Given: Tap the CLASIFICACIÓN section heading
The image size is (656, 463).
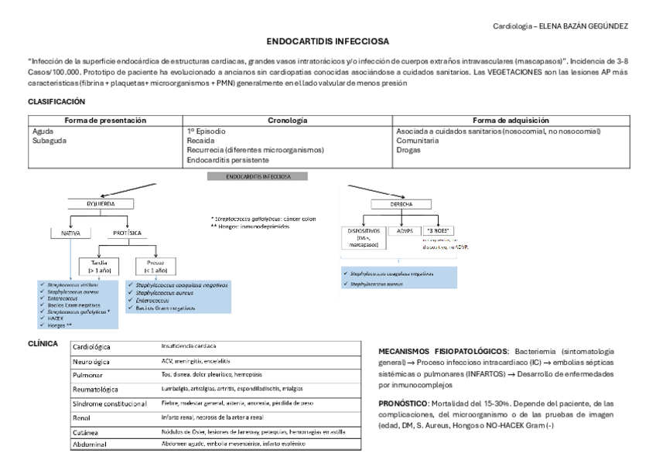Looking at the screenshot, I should tap(56, 101).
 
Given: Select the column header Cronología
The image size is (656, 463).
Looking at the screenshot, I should tap(288, 121).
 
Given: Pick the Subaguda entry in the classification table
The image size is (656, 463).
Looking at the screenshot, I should tap(49, 141).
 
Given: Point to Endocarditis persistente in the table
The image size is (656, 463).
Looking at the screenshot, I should tap(228, 160).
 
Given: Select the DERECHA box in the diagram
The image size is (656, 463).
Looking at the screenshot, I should tap(396, 204).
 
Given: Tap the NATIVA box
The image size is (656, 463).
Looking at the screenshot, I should tap(70, 232).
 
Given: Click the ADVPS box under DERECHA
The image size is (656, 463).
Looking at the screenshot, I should tap(405, 230).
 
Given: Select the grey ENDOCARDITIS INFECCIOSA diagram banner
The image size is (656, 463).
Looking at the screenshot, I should tap(258, 176).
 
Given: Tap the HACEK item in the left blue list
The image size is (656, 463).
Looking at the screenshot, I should tap(56, 318).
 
